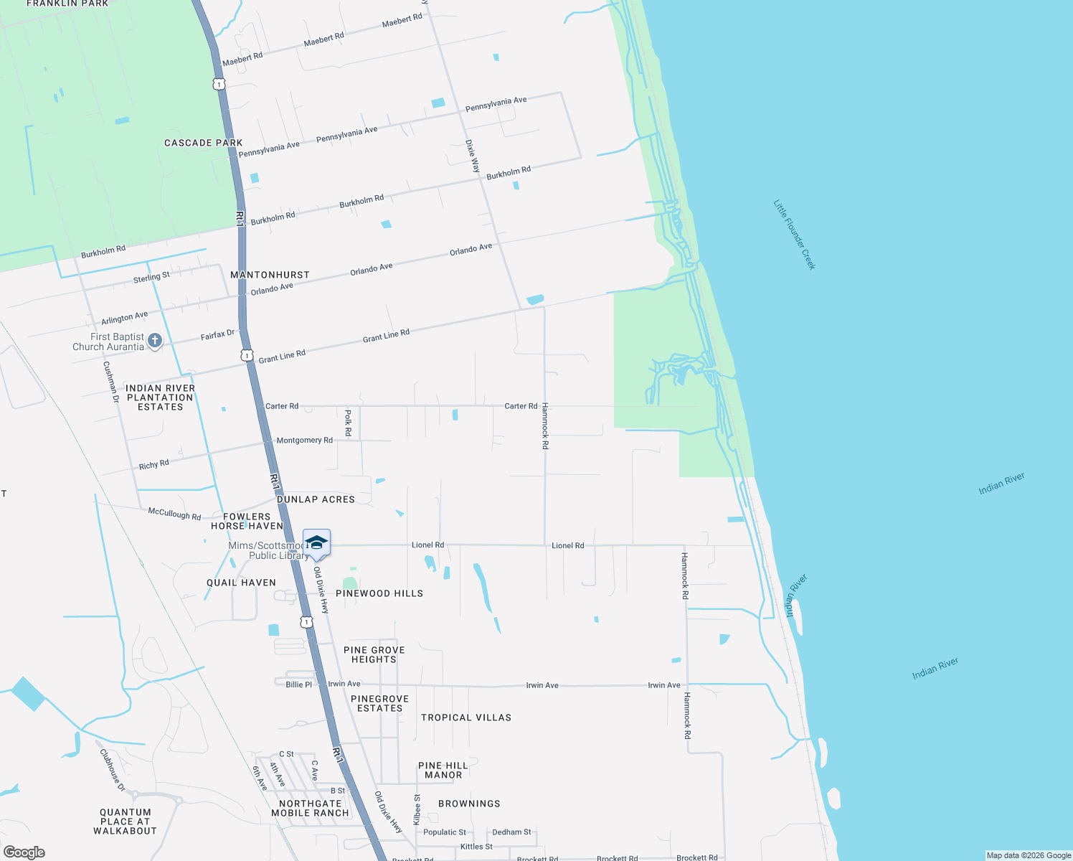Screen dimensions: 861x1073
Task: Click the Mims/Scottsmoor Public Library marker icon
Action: click(x=316, y=542)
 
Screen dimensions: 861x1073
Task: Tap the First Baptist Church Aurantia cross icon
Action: click(x=154, y=342)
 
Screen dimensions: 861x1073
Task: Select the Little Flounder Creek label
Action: click(x=795, y=235)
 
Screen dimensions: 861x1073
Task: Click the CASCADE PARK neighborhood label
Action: click(x=204, y=143)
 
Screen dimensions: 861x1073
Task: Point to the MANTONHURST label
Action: click(x=270, y=275)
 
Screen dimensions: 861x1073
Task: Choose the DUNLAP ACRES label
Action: click(x=316, y=499)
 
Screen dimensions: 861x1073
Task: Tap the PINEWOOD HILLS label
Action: click(x=379, y=593)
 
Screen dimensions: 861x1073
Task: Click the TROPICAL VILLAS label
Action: click(x=466, y=717)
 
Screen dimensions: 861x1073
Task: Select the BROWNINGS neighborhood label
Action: click(x=469, y=804)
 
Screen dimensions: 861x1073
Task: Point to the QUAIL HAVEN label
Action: click(x=241, y=583)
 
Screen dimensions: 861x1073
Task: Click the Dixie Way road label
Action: click(x=473, y=156)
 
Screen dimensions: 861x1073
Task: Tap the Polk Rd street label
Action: click(x=348, y=423)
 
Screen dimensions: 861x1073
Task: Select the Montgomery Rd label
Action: click(x=305, y=440)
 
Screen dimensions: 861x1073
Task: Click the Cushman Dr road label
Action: click(x=111, y=381)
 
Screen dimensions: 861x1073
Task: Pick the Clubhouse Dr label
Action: click(x=113, y=770)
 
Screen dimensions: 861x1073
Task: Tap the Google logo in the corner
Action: click(x=24, y=852)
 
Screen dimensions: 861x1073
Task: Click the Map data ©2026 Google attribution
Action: click(x=1029, y=855)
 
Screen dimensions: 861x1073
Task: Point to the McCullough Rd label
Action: click(x=174, y=514)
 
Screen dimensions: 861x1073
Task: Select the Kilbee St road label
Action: click(x=417, y=809)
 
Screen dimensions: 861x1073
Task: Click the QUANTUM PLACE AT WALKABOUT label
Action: click(x=125, y=822)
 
